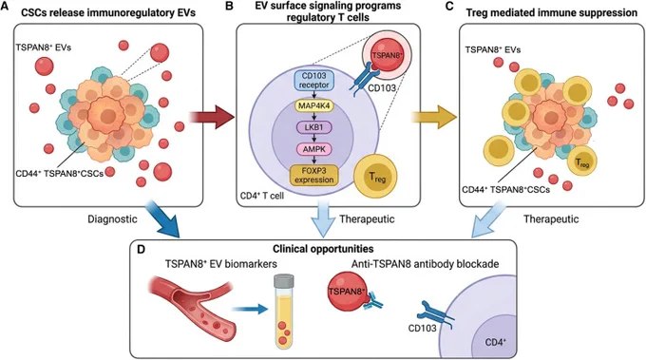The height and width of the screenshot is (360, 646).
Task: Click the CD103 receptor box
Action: click(313, 81)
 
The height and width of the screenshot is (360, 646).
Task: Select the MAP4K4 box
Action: click(314, 105)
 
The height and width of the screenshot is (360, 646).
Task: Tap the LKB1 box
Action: click(314, 127)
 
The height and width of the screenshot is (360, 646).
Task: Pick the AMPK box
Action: click(314, 149)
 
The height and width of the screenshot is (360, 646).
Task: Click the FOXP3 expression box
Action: click(313, 176)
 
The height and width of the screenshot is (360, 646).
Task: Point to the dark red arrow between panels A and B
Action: click(211, 118)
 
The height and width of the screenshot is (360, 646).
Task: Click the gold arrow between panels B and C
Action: click(434, 118)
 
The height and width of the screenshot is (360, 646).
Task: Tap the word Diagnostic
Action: click(112, 218)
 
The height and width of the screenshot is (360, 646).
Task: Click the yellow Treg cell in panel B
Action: click(376, 176)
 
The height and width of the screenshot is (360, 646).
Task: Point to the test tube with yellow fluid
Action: click(284, 312)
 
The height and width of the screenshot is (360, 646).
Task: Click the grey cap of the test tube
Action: click(284, 281)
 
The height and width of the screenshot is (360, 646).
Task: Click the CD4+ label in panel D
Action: click(496, 342)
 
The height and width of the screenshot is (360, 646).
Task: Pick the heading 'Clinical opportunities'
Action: click(323, 249)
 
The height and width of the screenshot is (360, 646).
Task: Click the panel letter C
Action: click(462, 7)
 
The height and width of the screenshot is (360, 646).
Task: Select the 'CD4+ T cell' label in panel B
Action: click(262, 196)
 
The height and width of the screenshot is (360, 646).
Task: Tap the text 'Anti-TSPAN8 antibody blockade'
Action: click(426, 264)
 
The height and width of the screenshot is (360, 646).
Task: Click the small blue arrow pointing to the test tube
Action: click(250, 309)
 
